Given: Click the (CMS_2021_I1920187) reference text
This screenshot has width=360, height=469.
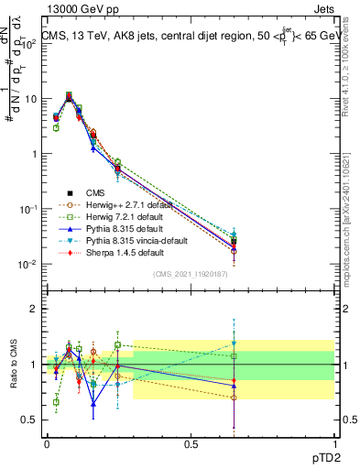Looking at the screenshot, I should pyautogui.click(x=190, y=274).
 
